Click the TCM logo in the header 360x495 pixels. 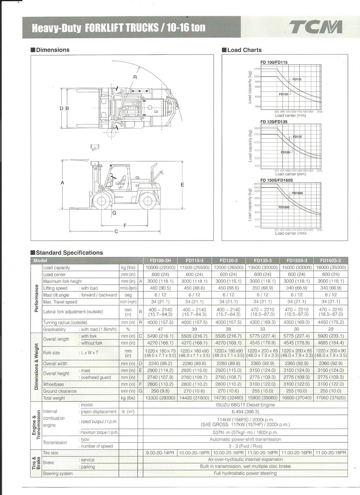[315, 27]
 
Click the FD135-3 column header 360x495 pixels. [262, 260]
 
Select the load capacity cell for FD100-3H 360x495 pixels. [160, 268]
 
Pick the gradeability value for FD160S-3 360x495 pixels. [331, 329]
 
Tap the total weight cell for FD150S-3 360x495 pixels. [297, 398]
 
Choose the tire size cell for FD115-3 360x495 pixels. [194, 453]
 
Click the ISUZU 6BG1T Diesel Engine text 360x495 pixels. [245, 405]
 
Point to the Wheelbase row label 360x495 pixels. [54, 384]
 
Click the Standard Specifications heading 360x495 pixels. [69, 253]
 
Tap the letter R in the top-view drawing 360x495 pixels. [135, 77]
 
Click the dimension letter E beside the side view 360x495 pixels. [182, 185]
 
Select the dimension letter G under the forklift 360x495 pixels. [114, 213]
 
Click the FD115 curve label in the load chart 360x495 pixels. [297, 80]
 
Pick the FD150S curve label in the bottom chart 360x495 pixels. [284, 207]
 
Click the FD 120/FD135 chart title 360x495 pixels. [274, 122]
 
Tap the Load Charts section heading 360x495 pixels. [244, 50]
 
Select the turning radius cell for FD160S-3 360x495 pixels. [331, 322]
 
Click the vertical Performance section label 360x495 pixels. [36, 298]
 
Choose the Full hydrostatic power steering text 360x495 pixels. [245, 473]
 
